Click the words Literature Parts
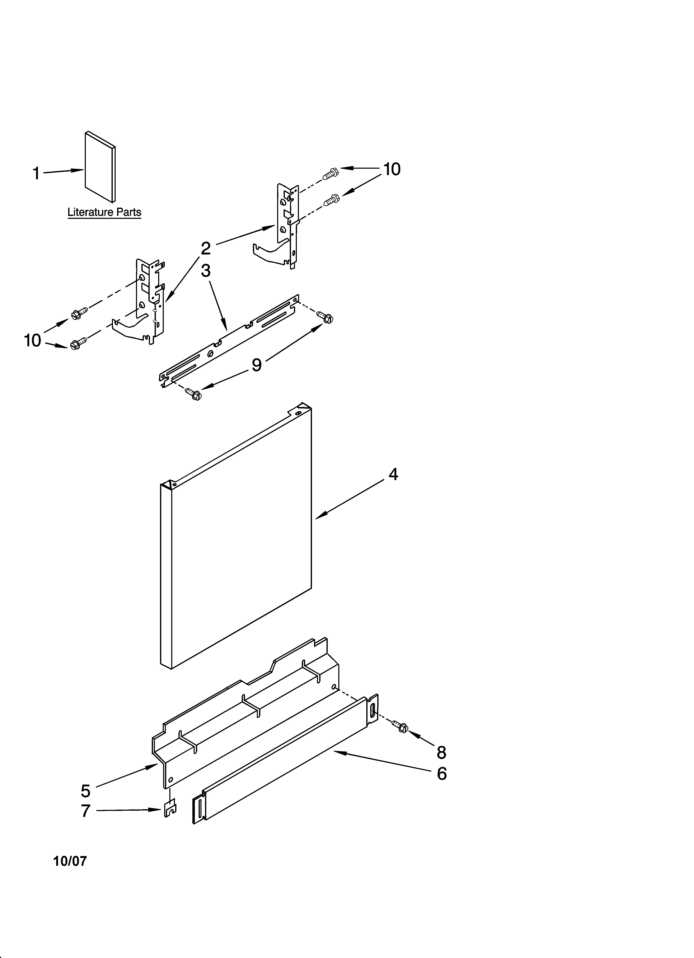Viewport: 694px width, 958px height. (x=104, y=212)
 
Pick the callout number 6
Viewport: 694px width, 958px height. (x=442, y=774)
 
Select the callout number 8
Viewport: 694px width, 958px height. (x=441, y=752)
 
